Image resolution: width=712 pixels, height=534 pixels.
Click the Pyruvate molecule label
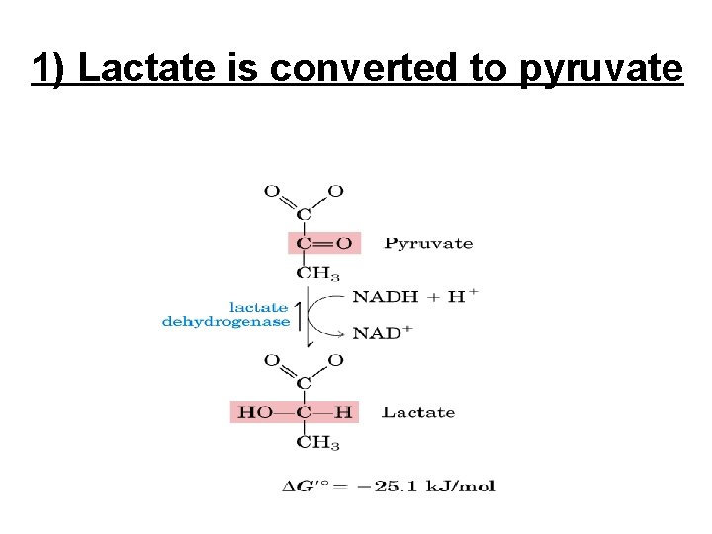[x=428, y=243]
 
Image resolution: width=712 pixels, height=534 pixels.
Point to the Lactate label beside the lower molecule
[x=418, y=412]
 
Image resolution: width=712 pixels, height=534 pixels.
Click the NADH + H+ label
[x=415, y=296]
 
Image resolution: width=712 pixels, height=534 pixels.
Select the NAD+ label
[x=382, y=332]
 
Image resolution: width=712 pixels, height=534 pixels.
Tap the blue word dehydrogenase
[x=226, y=321]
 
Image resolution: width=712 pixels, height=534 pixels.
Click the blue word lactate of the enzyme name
[x=259, y=307]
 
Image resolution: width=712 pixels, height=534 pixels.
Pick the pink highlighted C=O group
[x=324, y=243]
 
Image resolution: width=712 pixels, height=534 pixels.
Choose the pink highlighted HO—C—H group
[x=294, y=412]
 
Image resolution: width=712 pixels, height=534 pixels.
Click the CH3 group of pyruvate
[x=318, y=274]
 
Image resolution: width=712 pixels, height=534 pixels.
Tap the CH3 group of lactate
[x=318, y=442]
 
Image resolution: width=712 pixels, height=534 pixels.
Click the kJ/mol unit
[x=464, y=486]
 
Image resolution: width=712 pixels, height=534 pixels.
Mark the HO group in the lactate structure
[x=255, y=412]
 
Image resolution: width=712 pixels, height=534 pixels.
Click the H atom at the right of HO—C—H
[x=342, y=412]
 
